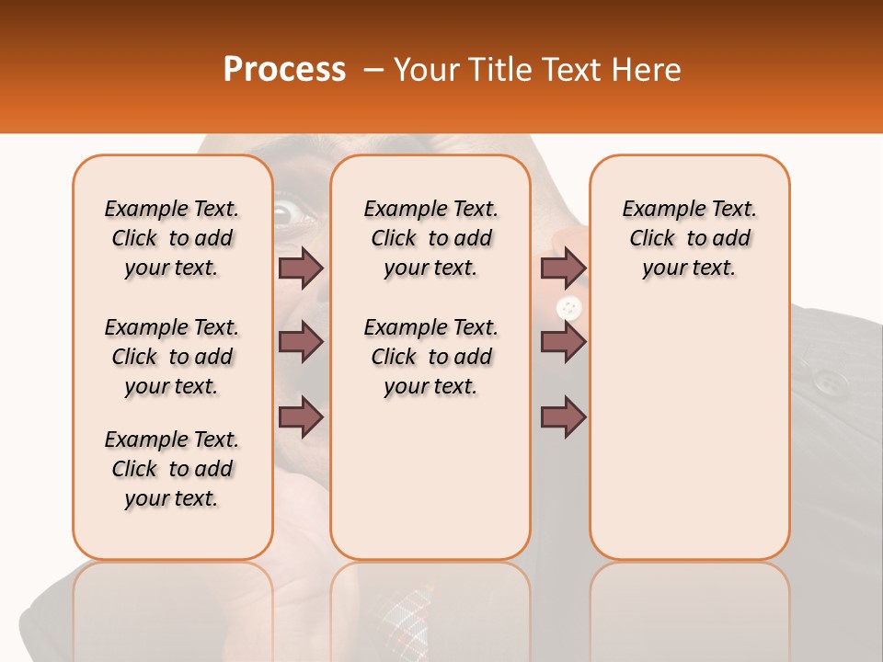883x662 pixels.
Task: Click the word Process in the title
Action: tap(283, 70)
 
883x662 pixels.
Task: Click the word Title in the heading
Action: tap(505, 70)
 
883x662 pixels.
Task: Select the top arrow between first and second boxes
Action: tap(301, 268)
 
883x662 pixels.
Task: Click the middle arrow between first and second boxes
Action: tap(301, 342)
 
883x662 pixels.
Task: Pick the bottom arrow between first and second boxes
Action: tap(301, 417)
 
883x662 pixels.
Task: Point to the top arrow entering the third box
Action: tap(563, 268)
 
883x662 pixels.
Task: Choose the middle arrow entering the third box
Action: tap(563, 342)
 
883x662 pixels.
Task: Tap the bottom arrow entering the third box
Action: tap(563, 417)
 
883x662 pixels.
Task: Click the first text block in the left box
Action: tap(172, 238)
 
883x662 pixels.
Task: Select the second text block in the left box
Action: tap(172, 357)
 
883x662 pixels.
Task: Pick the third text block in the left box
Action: tap(172, 469)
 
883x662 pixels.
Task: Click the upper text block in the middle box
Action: tap(430, 238)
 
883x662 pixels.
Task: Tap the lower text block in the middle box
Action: tap(430, 357)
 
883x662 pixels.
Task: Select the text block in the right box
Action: tap(689, 238)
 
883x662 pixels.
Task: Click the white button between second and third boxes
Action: tap(569, 308)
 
